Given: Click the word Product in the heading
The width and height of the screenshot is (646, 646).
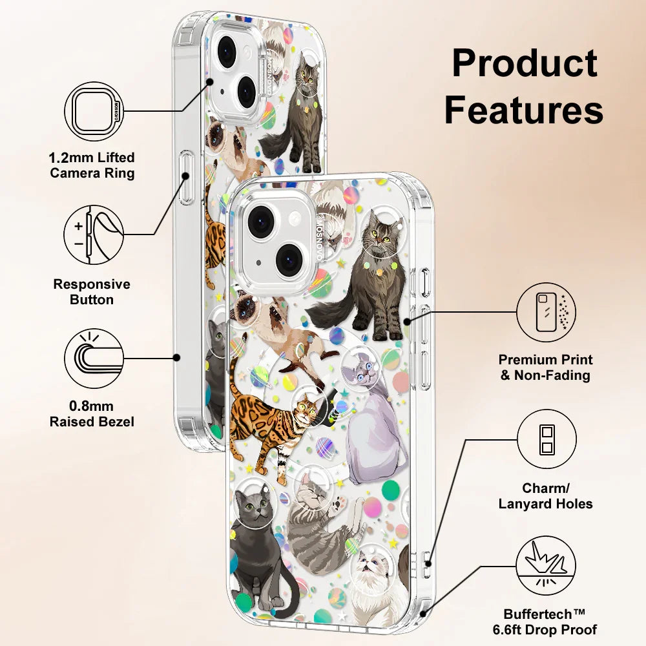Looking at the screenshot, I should (524, 65).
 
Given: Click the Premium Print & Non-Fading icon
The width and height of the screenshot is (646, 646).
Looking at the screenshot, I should (546, 312).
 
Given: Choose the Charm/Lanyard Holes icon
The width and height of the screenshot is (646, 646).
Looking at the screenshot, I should (546, 439).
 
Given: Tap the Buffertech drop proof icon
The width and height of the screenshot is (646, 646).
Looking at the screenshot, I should (546, 567).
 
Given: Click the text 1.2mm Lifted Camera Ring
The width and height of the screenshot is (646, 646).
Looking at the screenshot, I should (92, 165).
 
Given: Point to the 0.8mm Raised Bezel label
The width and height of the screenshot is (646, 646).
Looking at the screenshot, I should (92, 414).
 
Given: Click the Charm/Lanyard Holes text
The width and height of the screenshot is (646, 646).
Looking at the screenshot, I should (546, 496).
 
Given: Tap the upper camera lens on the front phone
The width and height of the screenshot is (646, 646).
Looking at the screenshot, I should (262, 222).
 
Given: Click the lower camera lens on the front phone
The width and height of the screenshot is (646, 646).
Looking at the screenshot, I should (288, 260).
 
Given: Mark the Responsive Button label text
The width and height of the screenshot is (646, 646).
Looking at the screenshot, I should (92, 292).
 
